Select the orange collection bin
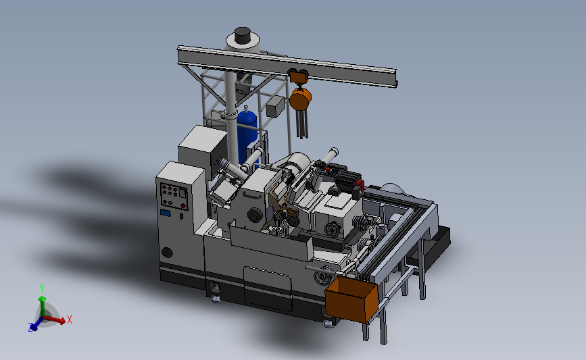tap(351, 299)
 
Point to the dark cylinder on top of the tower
tap(243, 35)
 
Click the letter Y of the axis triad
tap(42, 288)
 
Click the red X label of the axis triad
tap(69, 319)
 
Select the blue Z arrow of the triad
tap(34, 326)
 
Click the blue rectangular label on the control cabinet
tap(165, 213)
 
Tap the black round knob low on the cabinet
tap(167, 253)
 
